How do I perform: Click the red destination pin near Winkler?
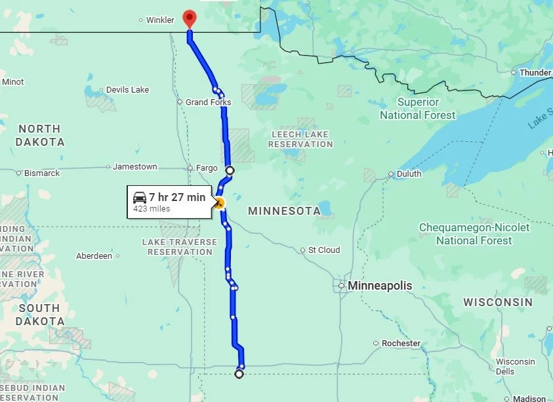(x=190, y=18)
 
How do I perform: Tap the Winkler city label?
(x=160, y=20)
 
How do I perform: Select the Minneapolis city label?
(x=380, y=286)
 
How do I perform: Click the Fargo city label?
(x=207, y=168)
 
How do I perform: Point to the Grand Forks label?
(x=208, y=102)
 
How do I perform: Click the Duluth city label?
(x=409, y=174)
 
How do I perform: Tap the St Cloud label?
(x=324, y=250)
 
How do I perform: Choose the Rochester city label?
(x=401, y=344)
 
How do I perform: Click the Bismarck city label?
(x=42, y=173)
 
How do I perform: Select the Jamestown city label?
(x=134, y=167)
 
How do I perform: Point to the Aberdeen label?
(x=94, y=256)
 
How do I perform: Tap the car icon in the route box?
(x=140, y=197)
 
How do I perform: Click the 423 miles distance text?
(x=152, y=209)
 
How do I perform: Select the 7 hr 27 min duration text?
(x=177, y=197)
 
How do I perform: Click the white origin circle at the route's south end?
(x=239, y=374)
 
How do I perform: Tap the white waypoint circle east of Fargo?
(x=230, y=171)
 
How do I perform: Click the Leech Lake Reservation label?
(x=300, y=139)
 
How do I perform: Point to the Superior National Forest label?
(x=417, y=108)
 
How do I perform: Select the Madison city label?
(x=529, y=399)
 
